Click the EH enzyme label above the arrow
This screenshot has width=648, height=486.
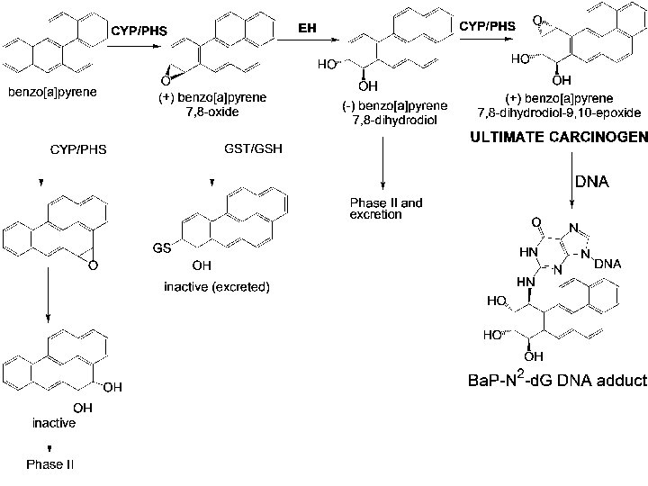[x=307, y=28]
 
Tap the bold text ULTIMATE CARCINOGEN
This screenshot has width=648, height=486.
[x=559, y=137]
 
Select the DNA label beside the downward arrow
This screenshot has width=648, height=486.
[x=592, y=182]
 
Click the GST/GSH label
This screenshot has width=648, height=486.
[x=253, y=148]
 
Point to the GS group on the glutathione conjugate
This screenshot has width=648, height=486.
[x=162, y=248]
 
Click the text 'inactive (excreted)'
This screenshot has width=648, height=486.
[x=217, y=286]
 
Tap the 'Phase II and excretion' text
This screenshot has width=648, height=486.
[x=386, y=208]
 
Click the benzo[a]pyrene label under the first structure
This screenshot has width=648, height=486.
[x=52, y=92]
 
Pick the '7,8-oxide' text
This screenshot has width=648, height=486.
[x=212, y=112]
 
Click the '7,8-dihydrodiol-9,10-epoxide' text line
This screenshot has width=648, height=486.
[x=559, y=112]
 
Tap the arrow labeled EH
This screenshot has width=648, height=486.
[x=309, y=40]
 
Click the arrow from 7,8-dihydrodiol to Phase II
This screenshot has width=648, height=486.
[x=383, y=163]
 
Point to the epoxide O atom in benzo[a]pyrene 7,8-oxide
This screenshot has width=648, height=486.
[x=166, y=81]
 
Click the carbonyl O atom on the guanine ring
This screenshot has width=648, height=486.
[x=536, y=223]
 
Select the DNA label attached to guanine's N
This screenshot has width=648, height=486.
[x=607, y=264]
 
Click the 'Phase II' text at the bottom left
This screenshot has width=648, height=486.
[x=49, y=464]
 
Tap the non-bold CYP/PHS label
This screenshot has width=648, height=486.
[x=78, y=149]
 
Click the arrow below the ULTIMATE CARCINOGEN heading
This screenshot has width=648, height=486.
[x=572, y=180]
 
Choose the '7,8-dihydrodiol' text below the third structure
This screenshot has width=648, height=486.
[x=394, y=121]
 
